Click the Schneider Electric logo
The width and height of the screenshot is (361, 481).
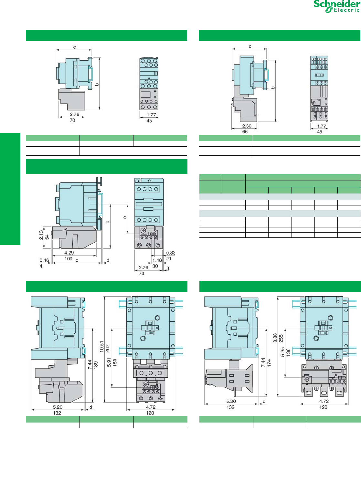click(336, 6)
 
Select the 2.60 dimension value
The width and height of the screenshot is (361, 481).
click(247, 126)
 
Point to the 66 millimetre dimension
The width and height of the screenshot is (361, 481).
click(245, 132)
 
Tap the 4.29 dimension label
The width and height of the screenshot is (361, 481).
click(69, 253)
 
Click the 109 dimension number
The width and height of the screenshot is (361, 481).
click(68, 259)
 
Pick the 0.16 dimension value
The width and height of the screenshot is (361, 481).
click(44, 260)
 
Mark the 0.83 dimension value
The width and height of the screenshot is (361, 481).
click(171, 253)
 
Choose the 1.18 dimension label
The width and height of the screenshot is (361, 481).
click(157, 260)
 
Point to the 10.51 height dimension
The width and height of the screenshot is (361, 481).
click(102, 347)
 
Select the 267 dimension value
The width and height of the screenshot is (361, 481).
click(108, 349)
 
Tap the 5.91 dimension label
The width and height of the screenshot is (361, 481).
click(109, 363)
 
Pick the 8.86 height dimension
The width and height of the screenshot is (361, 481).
click(275, 338)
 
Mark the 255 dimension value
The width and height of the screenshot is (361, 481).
click(281, 338)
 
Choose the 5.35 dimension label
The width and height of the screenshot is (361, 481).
click(282, 352)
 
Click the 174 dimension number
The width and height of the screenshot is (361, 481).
click(269, 362)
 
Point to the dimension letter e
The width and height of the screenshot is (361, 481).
click(125, 217)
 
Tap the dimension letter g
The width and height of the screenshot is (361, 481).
click(167, 268)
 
